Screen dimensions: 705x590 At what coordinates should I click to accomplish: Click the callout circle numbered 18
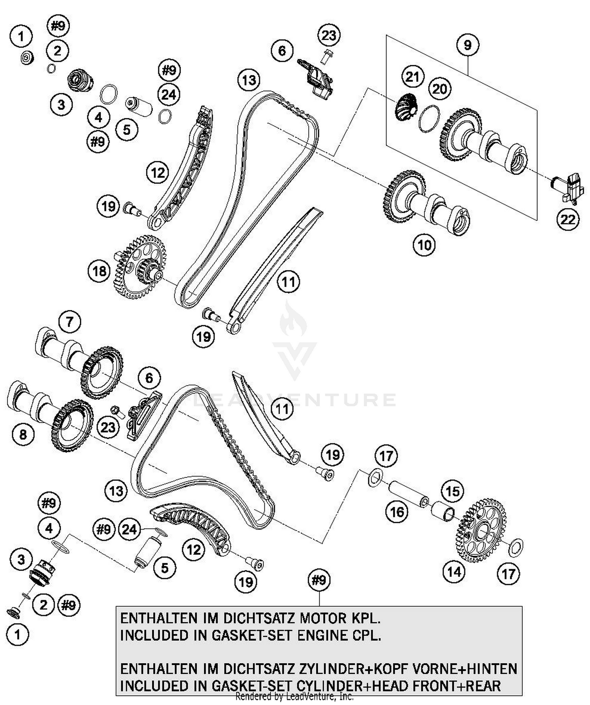pyautogui.click(x=99, y=271)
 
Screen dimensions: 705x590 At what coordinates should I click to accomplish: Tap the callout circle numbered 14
pyautogui.click(x=454, y=571)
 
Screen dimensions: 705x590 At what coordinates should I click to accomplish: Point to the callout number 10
pyautogui.click(x=424, y=245)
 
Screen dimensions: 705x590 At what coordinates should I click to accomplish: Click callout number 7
pyautogui.click(x=70, y=322)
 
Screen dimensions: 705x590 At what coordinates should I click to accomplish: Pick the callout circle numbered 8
pyautogui.click(x=23, y=434)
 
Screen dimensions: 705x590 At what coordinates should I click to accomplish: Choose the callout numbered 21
pyautogui.click(x=412, y=76)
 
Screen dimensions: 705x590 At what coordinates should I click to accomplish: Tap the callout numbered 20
pyautogui.click(x=439, y=89)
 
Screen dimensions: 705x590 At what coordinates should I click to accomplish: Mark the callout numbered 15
pyautogui.click(x=452, y=491)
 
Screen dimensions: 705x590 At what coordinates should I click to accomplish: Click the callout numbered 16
pyautogui.click(x=397, y=512)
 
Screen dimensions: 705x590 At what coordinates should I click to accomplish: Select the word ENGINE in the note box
pyautogui.click(x=322, y=635)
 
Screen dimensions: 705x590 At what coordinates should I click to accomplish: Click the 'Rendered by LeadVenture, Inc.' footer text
pyautogui.click(x=294, y=697)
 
